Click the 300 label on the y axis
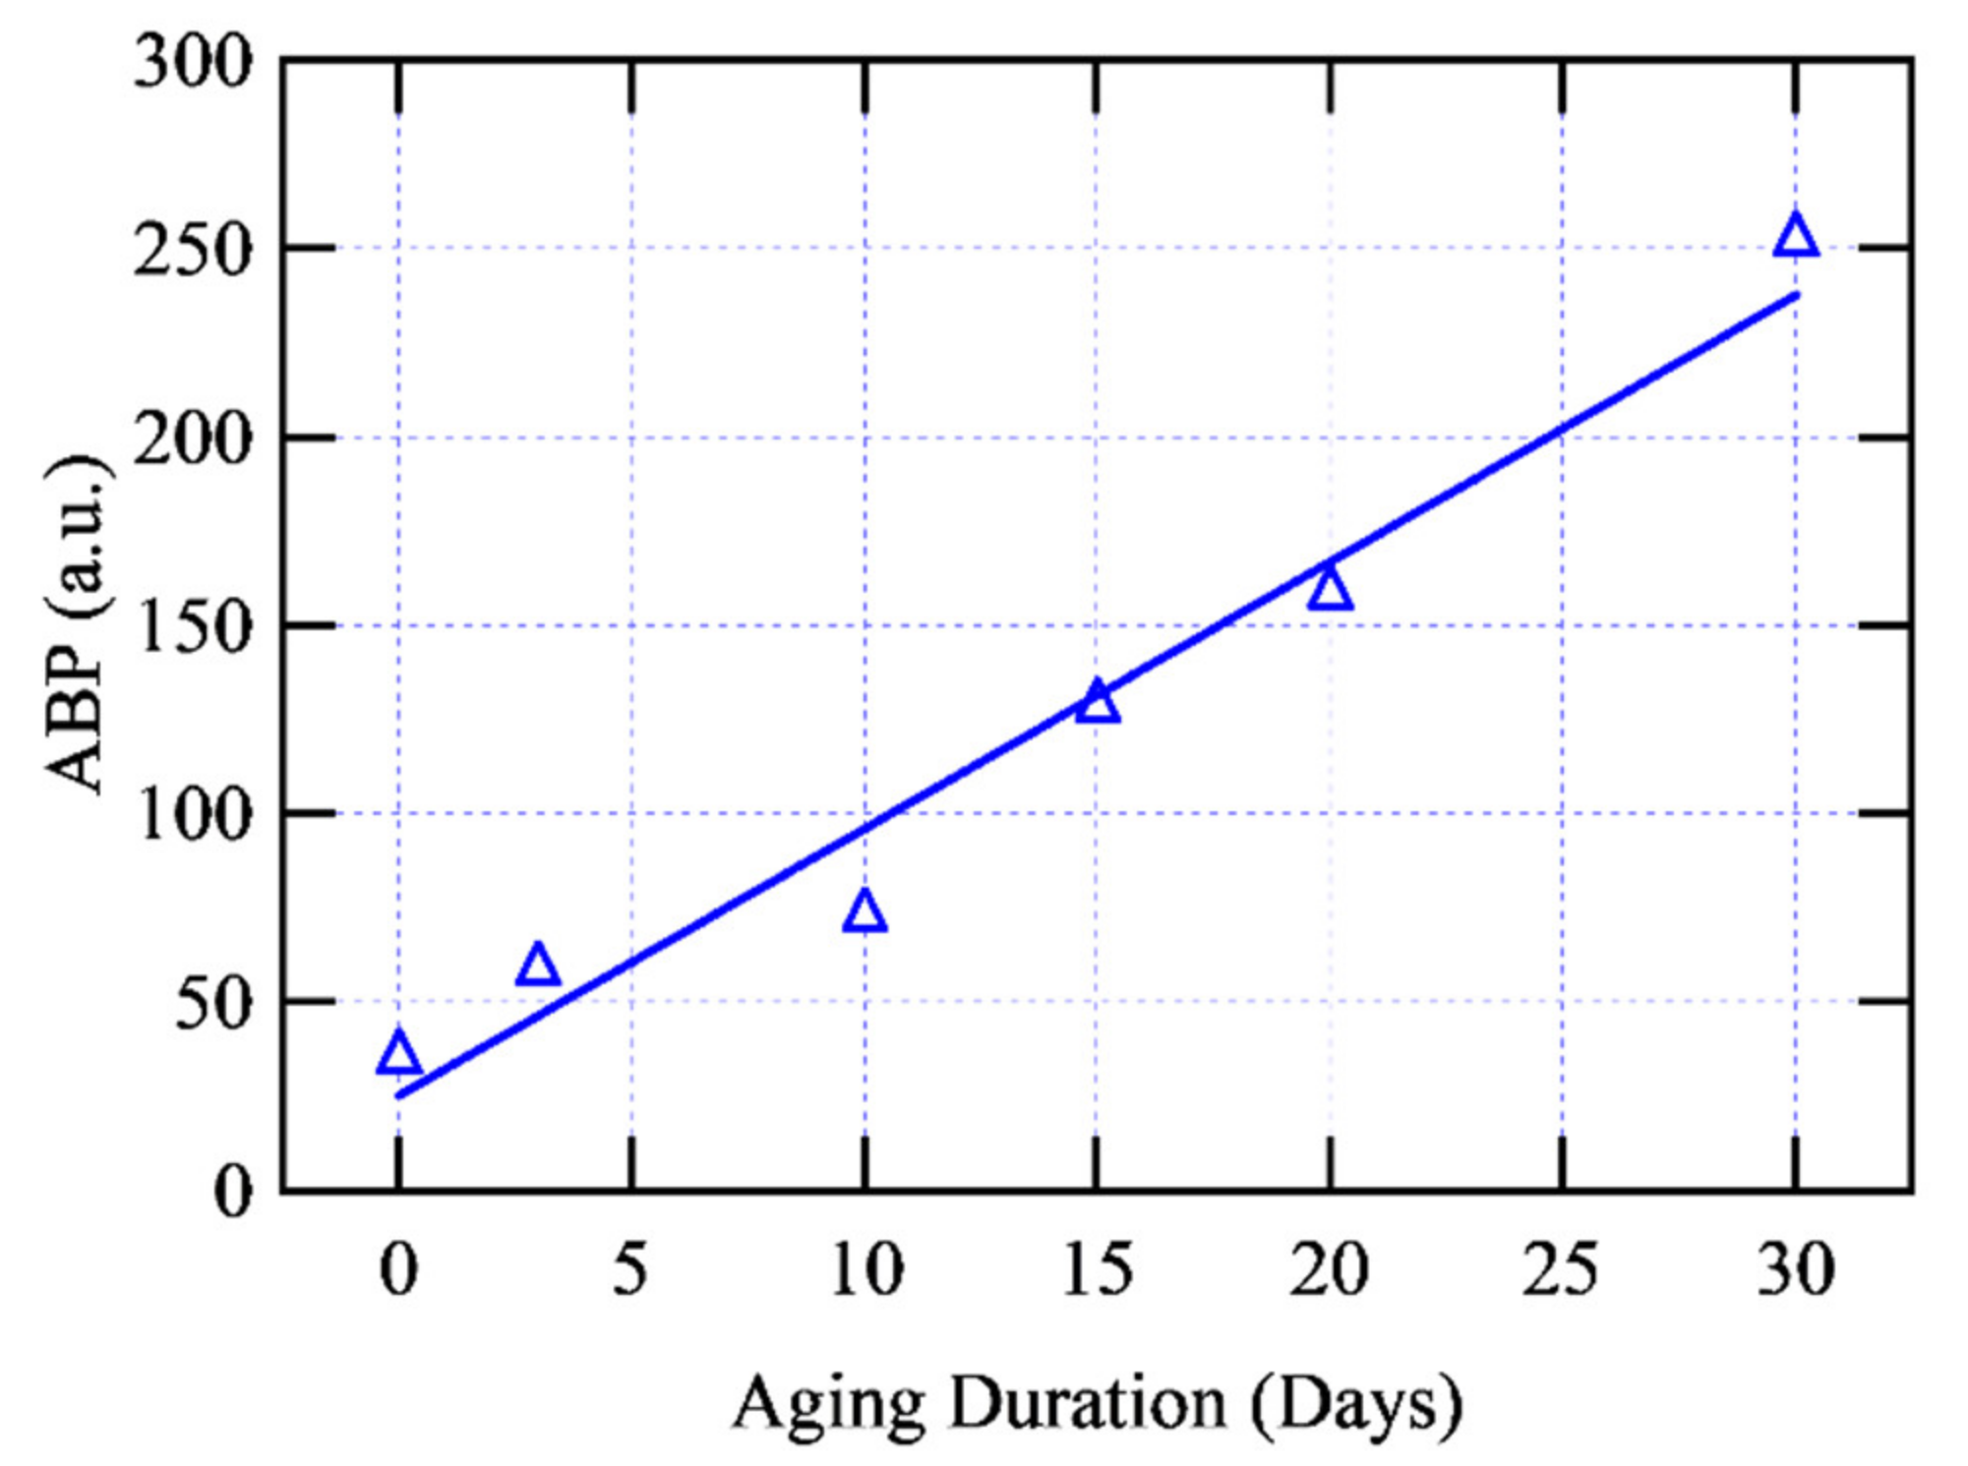[193, 65]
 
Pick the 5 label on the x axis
[630, 1270]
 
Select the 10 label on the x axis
[865, 1270]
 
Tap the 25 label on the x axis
[1562, 1270]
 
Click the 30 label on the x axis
[1796, 1270]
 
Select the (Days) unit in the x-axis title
[1357, 1404]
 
